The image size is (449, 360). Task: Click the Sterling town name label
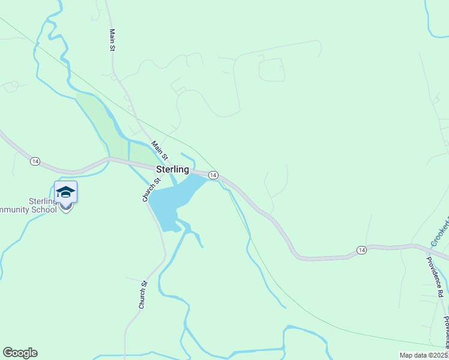click(x=173, y=170)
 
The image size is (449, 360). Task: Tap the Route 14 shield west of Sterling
click(x=35, y=161)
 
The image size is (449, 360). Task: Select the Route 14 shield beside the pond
click(x=212, y=175)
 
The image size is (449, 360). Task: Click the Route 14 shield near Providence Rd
click(x=361, y=250)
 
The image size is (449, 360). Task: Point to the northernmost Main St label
click(x=112, y=40)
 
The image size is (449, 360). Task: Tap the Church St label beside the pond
click(x=151, y=190)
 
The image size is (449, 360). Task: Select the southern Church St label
click(x=143, y=295)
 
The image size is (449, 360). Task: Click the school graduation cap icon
click(x=65, y=191)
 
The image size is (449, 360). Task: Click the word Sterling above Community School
click(x=41, y=202)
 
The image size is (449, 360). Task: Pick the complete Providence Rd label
click(x=435, y=277)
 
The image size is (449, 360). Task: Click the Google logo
click(x=20, y=353)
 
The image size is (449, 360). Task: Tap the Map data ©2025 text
click(x=423, y=355)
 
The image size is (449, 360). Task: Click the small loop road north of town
click(x=271, y=70)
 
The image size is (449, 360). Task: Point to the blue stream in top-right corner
click(x=433, y=18)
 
